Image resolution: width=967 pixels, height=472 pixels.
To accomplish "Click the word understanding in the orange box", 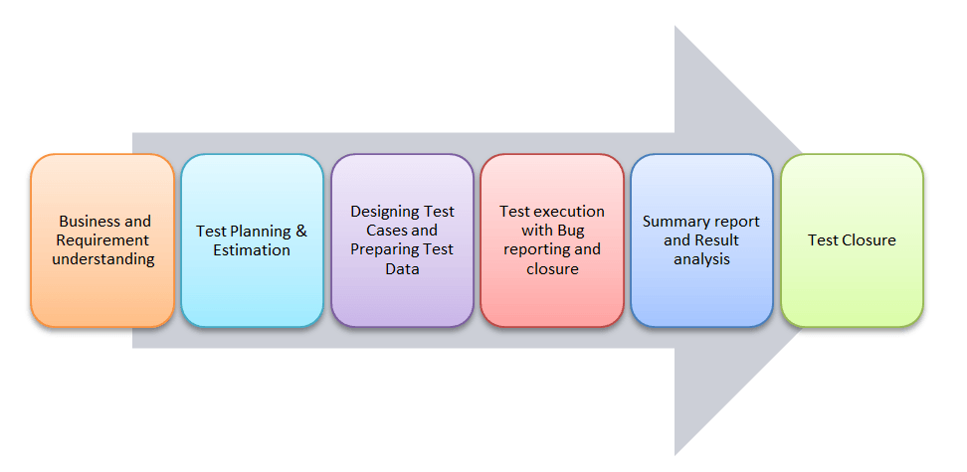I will click(x=103, y=259).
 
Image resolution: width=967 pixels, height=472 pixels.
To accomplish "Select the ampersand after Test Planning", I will click(x=301, y=232).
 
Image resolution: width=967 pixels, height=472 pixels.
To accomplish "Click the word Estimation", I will click(x=252, y=250).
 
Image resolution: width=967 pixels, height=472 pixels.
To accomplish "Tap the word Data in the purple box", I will click(x=402, y=268).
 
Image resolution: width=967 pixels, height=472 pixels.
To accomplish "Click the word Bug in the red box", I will click(x=570, y=231).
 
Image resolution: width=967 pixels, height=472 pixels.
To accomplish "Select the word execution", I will click(x=569, y=212).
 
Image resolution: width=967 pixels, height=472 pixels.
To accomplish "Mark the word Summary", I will click(x=677, y=222).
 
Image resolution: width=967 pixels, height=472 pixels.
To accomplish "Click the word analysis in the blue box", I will click(x=701, y=259).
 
